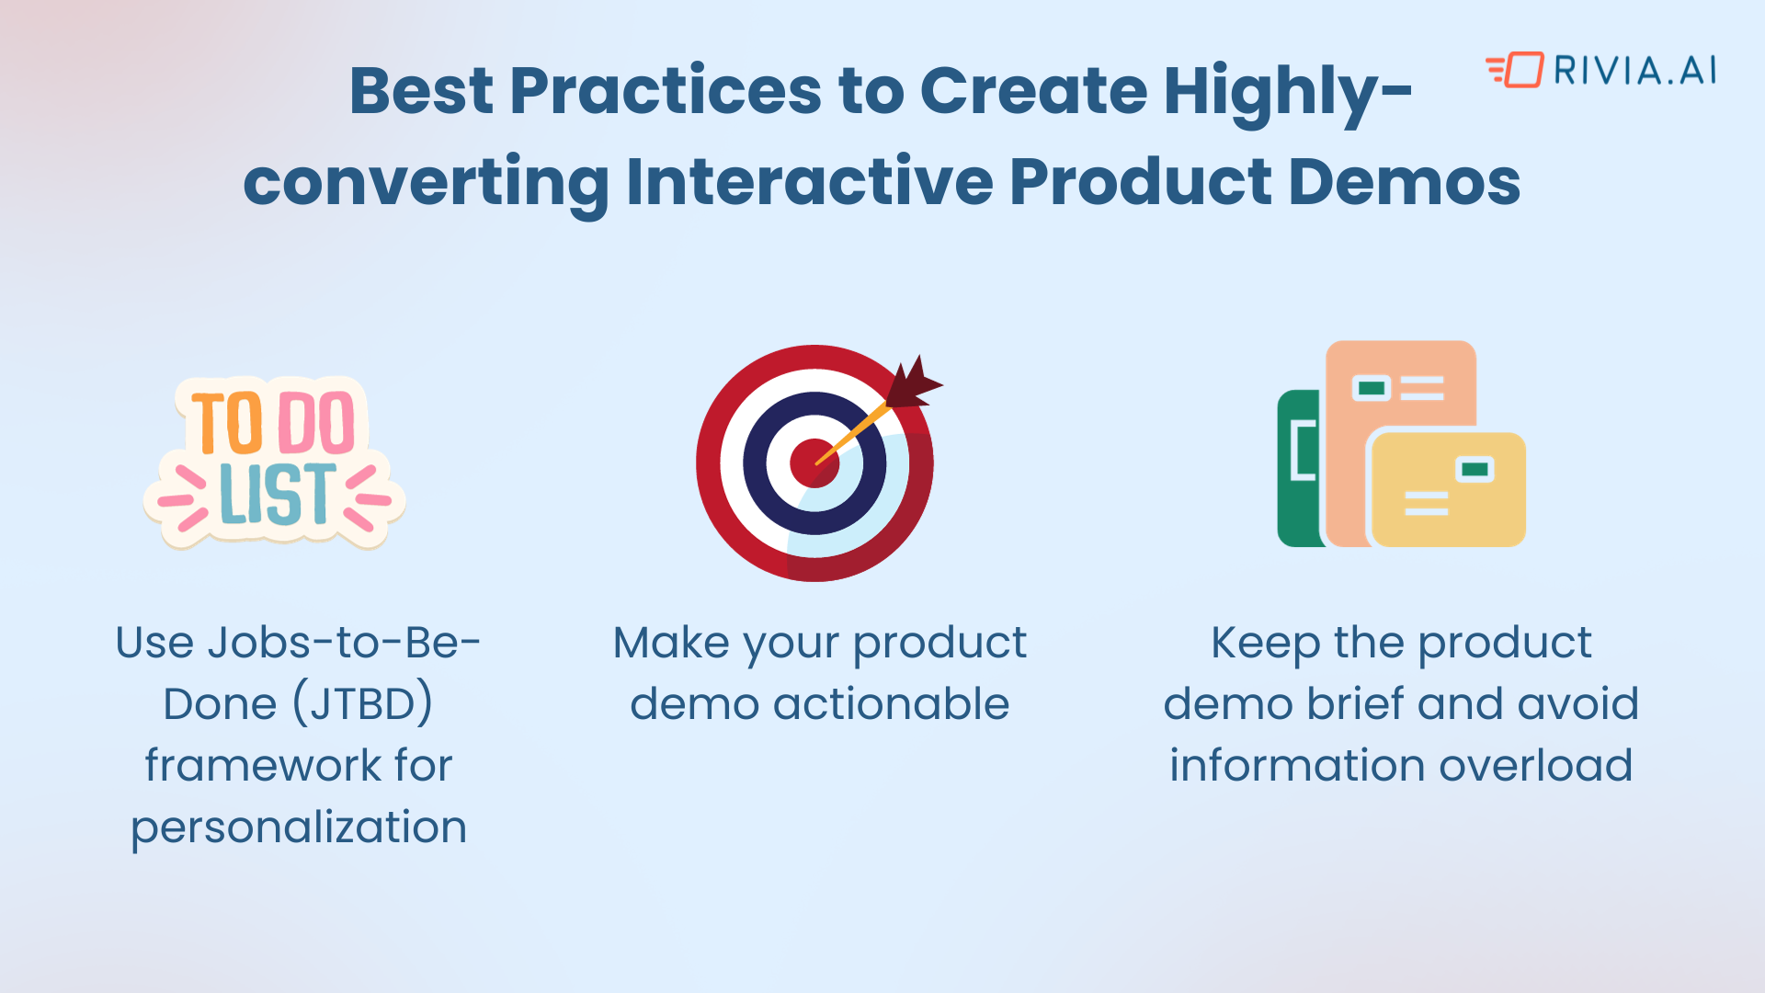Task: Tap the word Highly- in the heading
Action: point(1287,91)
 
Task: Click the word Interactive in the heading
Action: point(809,181)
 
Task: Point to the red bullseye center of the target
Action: point(814,462)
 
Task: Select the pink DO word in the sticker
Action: point(315,423)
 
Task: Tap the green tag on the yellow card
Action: point(1475,469)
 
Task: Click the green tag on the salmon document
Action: point(1372,388)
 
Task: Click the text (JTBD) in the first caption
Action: point(363,704)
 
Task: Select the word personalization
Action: point(299,827)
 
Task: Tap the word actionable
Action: point(891,704)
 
